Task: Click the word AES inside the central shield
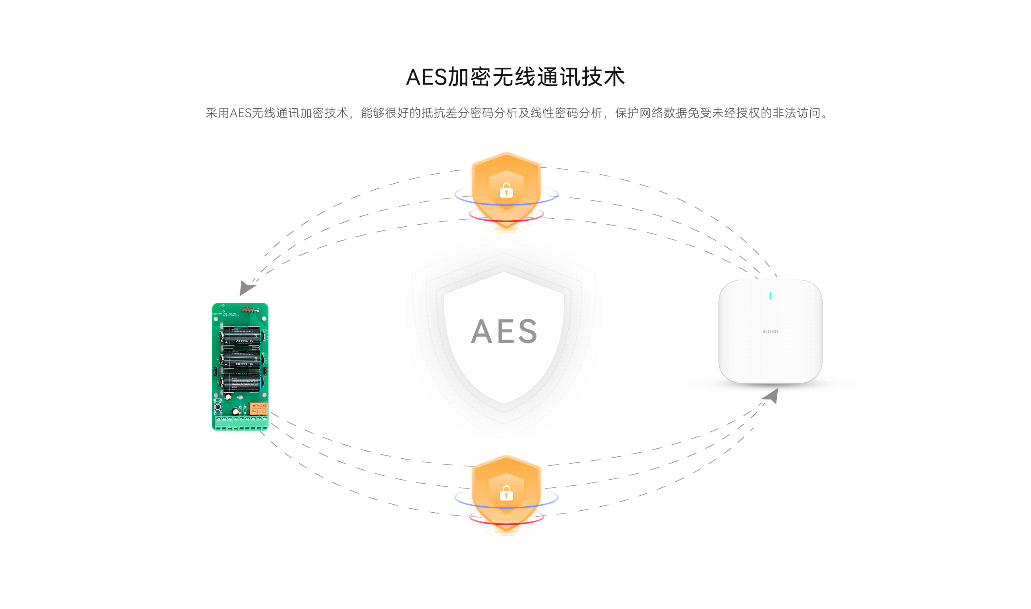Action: (x=504, y=331)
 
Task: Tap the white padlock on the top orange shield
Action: (x=506, y=191)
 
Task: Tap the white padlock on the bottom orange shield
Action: (x=506, y=493)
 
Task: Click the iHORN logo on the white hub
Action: (x=770, y=331)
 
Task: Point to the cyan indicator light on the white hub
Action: (x=770, y=296)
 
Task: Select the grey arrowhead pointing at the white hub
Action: (x=771, y=396)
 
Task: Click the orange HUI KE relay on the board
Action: (x=259, y=408)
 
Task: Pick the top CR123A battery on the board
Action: (x=242, y=335)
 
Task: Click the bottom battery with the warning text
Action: (x=242, y=383)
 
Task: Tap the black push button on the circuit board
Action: (x=217, y=407)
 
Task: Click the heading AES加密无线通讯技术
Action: (x=515, y=77)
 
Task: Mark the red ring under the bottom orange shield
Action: (x=506, y=524)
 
